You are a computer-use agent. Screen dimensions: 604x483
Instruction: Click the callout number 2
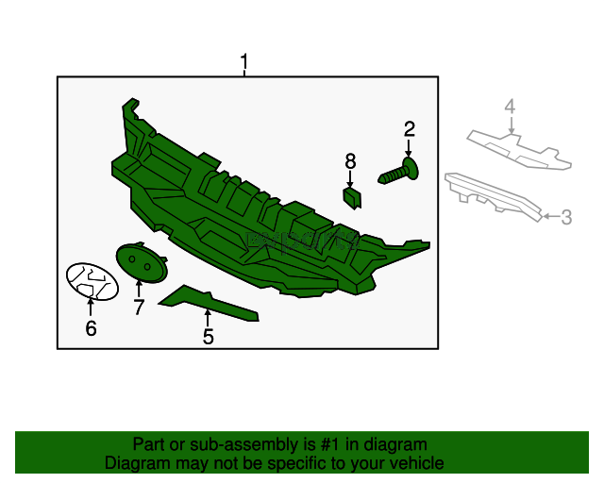(409, 129)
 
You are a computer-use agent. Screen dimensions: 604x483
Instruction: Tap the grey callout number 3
(566, 217)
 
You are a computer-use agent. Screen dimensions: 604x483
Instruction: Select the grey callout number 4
(510, 107)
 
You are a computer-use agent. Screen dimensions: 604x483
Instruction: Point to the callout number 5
(208, 337)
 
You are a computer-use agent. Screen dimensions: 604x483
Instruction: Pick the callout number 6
(91, 328)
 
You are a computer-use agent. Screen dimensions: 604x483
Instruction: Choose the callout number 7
(139, 307)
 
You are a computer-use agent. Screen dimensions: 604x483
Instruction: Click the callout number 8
(350, 161)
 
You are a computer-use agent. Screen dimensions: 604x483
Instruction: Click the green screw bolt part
(398, 172)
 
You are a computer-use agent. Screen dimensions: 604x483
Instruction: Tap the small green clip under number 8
(352, 197)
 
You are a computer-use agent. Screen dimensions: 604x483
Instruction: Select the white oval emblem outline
(92, 281)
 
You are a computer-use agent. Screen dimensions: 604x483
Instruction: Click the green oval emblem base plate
(142, 262)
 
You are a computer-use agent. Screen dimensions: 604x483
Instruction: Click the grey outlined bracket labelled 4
(519, 149)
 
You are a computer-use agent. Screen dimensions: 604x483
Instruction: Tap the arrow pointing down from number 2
(409, 148)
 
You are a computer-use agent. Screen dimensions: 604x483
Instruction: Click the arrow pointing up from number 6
(91, 307)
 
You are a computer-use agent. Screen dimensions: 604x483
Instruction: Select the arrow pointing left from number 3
(551, 216)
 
